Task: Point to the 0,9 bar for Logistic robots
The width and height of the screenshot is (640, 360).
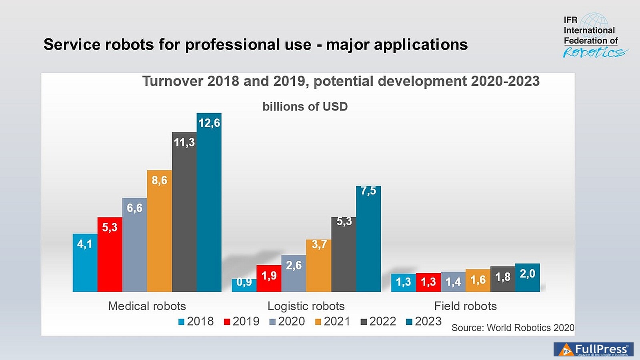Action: pyautogui.click(x=244, y=285)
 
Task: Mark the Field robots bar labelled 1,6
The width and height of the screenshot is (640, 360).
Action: pyautogui.click(x=478, y=280)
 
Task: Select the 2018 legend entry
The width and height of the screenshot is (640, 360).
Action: pyautogui.click(x=196, y=321)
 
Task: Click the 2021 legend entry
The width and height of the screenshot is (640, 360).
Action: pyautogui.click(x=333, y=321)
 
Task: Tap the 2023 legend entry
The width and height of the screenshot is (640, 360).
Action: pyautogui.click(x=424, y=321)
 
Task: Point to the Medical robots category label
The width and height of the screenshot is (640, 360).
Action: pyautogui.click(x=147, y=306)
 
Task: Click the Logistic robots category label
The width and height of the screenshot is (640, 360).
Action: pyautogui.click(x=306, y=306)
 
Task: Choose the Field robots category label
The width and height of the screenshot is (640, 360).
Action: pyautogui.click(x=465, y=306)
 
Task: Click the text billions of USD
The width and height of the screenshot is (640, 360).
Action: pyautogui.click(x=305, y=107)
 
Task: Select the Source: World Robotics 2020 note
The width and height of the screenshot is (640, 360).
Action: pyautogui.click(x=512, y=328)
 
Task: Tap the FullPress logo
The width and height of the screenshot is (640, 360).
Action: pyautogui.click(x=593, y=349)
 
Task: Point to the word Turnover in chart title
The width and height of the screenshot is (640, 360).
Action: pyautogui.click(x=173, y=81)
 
